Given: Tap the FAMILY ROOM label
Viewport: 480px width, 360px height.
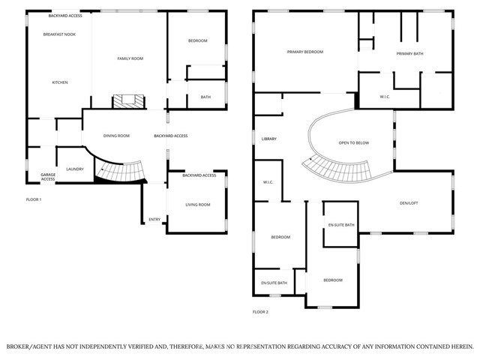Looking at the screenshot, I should [x=129, y=58].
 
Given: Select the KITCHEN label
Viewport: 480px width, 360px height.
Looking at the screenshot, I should [x=60, y=82].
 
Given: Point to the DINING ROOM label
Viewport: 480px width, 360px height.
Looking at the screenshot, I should [x=116, y=136].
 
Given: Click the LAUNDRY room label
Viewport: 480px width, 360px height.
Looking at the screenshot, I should [x=75, y=169].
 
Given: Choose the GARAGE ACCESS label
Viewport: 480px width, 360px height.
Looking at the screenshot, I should [x=48, y=177].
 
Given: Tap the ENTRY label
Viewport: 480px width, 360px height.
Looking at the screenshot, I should [x=154, y=219].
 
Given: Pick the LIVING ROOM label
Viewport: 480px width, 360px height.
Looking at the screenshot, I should [x=198, y=204].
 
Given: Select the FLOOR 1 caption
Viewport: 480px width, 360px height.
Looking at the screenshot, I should [x=34, y=199].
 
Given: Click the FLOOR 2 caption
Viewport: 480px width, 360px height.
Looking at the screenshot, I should [x=260, y=311].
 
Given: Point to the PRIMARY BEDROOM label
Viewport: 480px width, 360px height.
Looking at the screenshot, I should [x=305, y=52].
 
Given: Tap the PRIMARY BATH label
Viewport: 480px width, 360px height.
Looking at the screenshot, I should [x=410, y=53].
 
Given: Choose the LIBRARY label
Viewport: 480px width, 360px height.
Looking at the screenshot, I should [x=268, y=139].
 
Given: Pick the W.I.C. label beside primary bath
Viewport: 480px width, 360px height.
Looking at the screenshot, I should [x=384, y=96].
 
